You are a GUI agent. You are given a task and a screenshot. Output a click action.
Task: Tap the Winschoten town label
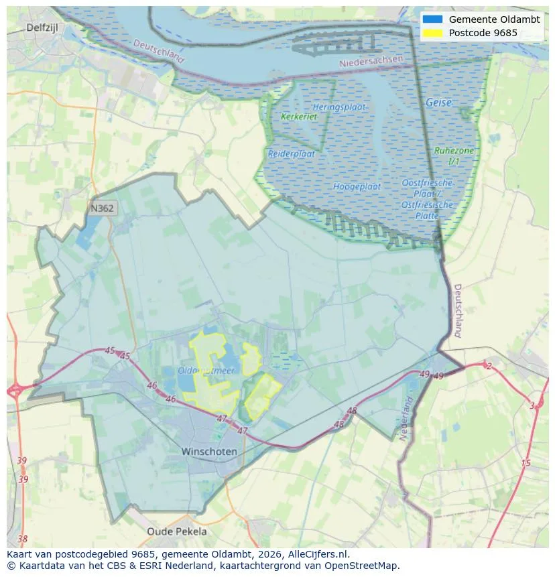pyautogui.click(x=209, y=452)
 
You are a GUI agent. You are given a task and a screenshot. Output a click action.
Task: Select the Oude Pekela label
pyautogui.click(x=177, y=531)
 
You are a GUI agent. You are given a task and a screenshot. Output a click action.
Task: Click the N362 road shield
pyautogui.click(x=102, y=208)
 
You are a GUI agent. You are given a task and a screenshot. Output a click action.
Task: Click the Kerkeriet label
pyautogui.click(x=299, y=117)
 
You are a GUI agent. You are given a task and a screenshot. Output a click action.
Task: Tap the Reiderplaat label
pyautogui.click(x=292, y=153)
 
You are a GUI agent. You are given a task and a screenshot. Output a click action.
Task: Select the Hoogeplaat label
pyautogui.click(x=357, y=186)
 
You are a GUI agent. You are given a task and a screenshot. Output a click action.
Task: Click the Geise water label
pyautogui.click(x=439, y=103)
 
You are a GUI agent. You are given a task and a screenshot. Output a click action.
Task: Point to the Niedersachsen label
pyautogui.click(x=372, y=61)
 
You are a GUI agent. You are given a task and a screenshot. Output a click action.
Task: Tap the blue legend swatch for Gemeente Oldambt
pyautogui.click(x=433, y=19)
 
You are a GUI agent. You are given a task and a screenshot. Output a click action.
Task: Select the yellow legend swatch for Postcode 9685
pyautogui.click(x=433, y=33)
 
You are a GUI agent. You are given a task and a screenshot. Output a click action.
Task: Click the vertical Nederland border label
pyautogui.click(x=406, y=419)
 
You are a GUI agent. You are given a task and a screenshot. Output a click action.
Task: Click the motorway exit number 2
pyautogui.click(x=489, y=366)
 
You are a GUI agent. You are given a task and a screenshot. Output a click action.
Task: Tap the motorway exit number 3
pyautogui.click(x=532, y=405)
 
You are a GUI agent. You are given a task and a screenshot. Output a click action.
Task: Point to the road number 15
pyautogui.click(x=526, y=462)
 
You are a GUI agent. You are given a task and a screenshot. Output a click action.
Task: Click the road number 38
pyautogui.click(x=23, y=538)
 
